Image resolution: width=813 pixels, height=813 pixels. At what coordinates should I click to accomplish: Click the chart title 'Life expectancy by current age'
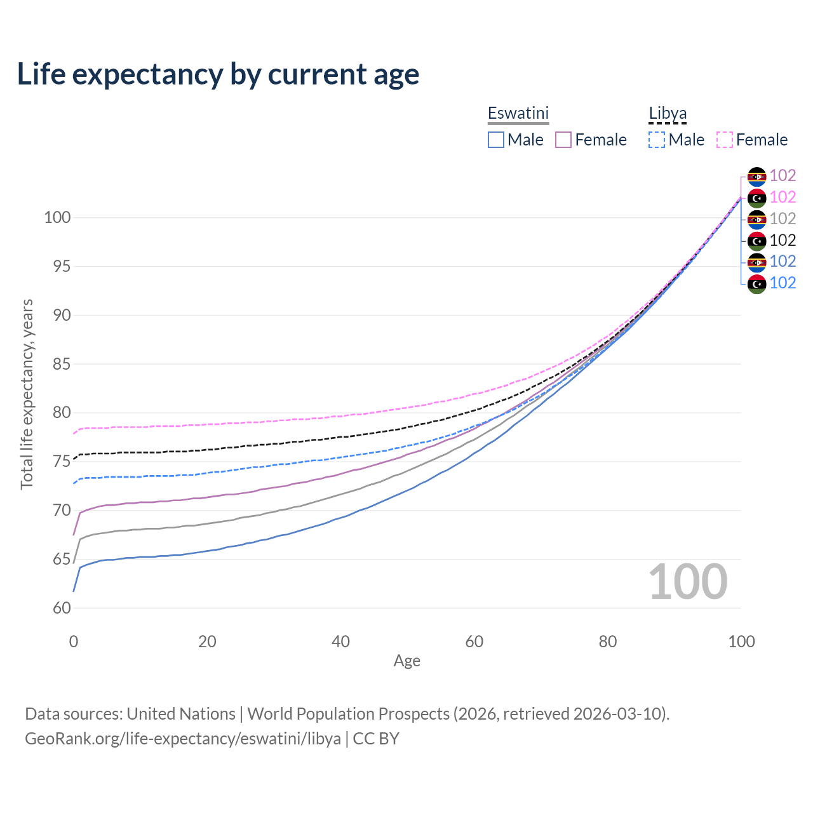[218, 74]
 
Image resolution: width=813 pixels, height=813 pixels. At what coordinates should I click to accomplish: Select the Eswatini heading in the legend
[518, 113]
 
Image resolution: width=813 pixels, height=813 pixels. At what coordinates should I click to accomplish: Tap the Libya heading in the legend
[668, 113]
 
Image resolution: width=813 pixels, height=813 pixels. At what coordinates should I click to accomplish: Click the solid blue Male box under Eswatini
[496, 140]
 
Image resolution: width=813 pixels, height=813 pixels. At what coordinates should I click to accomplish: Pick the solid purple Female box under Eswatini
[563, 140]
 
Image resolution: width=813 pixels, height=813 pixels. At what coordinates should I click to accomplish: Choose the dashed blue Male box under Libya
[657, 140]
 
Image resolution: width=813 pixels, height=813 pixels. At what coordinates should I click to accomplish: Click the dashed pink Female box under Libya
[725, 140]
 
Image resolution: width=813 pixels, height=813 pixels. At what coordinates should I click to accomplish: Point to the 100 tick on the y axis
[57, 217]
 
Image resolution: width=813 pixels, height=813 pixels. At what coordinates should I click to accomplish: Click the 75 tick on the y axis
[61, 461]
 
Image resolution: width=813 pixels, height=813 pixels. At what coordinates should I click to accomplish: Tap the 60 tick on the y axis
[61, 608]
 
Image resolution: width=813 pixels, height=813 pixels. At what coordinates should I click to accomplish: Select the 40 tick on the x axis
[341, 642]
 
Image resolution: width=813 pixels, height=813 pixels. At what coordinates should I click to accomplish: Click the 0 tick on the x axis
[74, 642]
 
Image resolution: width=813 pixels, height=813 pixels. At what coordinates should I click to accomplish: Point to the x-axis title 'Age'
[406, 661]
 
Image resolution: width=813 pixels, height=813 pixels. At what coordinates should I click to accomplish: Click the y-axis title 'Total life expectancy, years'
[27, 394]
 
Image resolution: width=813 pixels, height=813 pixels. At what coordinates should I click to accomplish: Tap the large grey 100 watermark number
[688, 582]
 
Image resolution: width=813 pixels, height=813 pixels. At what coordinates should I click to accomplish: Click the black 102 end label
[783, 240]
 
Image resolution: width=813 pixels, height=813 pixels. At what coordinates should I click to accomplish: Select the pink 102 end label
[783, 197]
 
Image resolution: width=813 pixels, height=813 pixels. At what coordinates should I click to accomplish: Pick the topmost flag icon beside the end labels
[756, 176]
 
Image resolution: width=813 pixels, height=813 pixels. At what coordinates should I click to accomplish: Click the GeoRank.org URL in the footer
[183, 739]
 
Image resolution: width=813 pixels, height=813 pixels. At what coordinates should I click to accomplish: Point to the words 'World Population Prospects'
[348, 714]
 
